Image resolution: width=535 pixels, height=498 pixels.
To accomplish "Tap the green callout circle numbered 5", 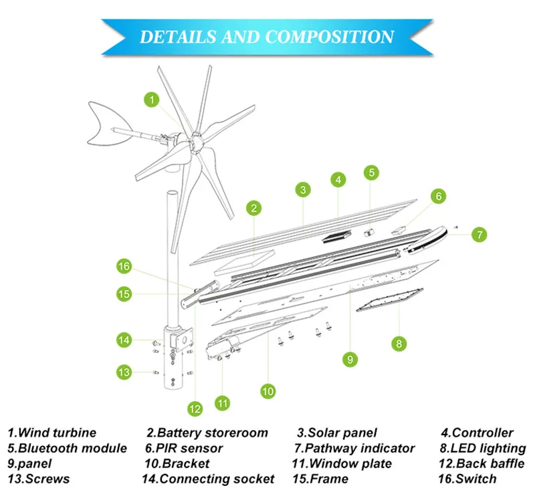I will tap(371, 172).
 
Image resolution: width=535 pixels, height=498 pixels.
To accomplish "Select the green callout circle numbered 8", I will tap(399, 344).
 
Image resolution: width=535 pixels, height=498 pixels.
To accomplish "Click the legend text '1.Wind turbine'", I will tap(52, 433).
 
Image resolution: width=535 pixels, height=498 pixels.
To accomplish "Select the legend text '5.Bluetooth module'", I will tap(67, 449).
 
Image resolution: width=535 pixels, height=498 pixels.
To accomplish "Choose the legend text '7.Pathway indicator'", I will tap(354, 449).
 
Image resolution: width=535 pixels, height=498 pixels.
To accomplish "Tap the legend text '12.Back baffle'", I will tap(481, 464).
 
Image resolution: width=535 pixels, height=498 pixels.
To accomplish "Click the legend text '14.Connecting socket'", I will tap(208, 479).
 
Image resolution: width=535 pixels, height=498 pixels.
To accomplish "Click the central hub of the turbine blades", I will tap(196, 142).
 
